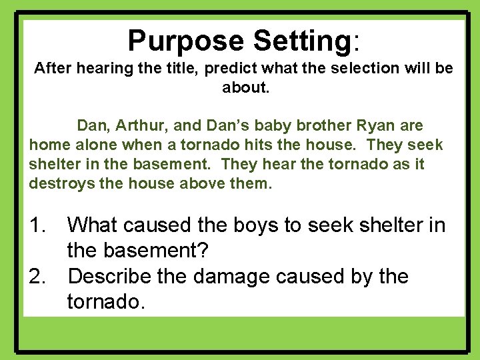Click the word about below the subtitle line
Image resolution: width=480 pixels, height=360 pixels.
[245, 87]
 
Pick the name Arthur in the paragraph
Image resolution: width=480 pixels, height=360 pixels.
[132, 125]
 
